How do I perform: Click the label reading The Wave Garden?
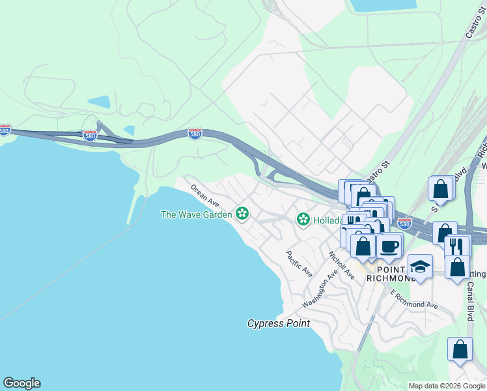tap(196, 214)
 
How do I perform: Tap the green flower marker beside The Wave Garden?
tap(242, 213)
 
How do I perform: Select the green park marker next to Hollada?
tap(303, 220)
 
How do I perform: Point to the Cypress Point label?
tap(278, 323)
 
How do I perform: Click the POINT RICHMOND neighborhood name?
tap(391, 274)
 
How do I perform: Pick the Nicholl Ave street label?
tap(341, 266)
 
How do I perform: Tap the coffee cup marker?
tap(389, 246)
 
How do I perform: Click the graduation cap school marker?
tap(420, 267)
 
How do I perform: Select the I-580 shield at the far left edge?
tap(5, 130)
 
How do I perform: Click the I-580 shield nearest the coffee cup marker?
tap(404, 224)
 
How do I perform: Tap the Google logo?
tap(21, 383)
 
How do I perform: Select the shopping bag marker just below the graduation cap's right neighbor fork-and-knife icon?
tap(458, 267)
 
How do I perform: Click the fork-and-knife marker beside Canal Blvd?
tap(456, 246)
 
